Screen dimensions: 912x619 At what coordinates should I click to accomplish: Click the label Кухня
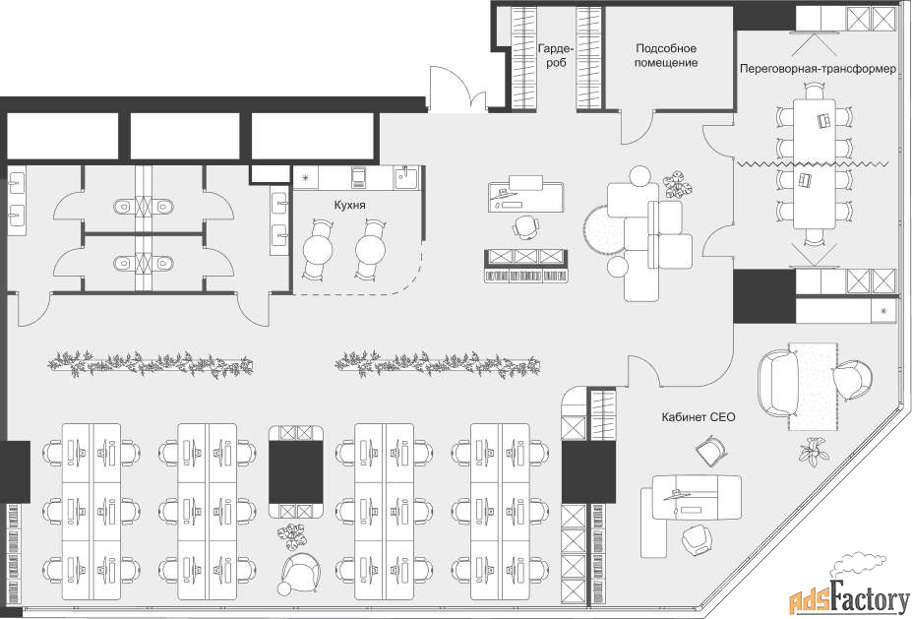pyautogui.click(x=349, y=206)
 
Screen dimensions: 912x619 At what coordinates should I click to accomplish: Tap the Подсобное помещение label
pyautogui.click(x=666, y=55)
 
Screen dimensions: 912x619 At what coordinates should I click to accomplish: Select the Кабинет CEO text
pyautogui.click(x=698, y=417)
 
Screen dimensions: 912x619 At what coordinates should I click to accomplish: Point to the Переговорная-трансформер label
pyautogui.click(x=818, y=69)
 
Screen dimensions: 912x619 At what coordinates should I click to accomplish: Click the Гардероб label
pyautogui.click(x=556, y=55)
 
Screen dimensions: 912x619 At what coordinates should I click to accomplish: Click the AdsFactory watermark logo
pyautogui.click(x=849, y=591)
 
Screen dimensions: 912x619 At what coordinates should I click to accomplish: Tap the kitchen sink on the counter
pyautogui.click(x=406, y=176)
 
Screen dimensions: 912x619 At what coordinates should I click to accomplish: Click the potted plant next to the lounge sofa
pyautogui.click(x=678, y=183)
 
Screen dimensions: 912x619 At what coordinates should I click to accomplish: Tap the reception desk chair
pyautogui.click(x=525, y=226)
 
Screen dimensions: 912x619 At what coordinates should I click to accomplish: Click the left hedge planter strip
pyautogui.click(x=151, y=364)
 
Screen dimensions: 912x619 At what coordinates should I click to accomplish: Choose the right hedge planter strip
pyautogui.click(x=438, y=364)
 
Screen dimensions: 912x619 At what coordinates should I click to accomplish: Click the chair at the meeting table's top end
pyautogui.click(x=815, y=91)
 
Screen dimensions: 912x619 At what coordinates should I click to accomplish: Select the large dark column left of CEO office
pyautogui.click(x=588, y=472)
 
